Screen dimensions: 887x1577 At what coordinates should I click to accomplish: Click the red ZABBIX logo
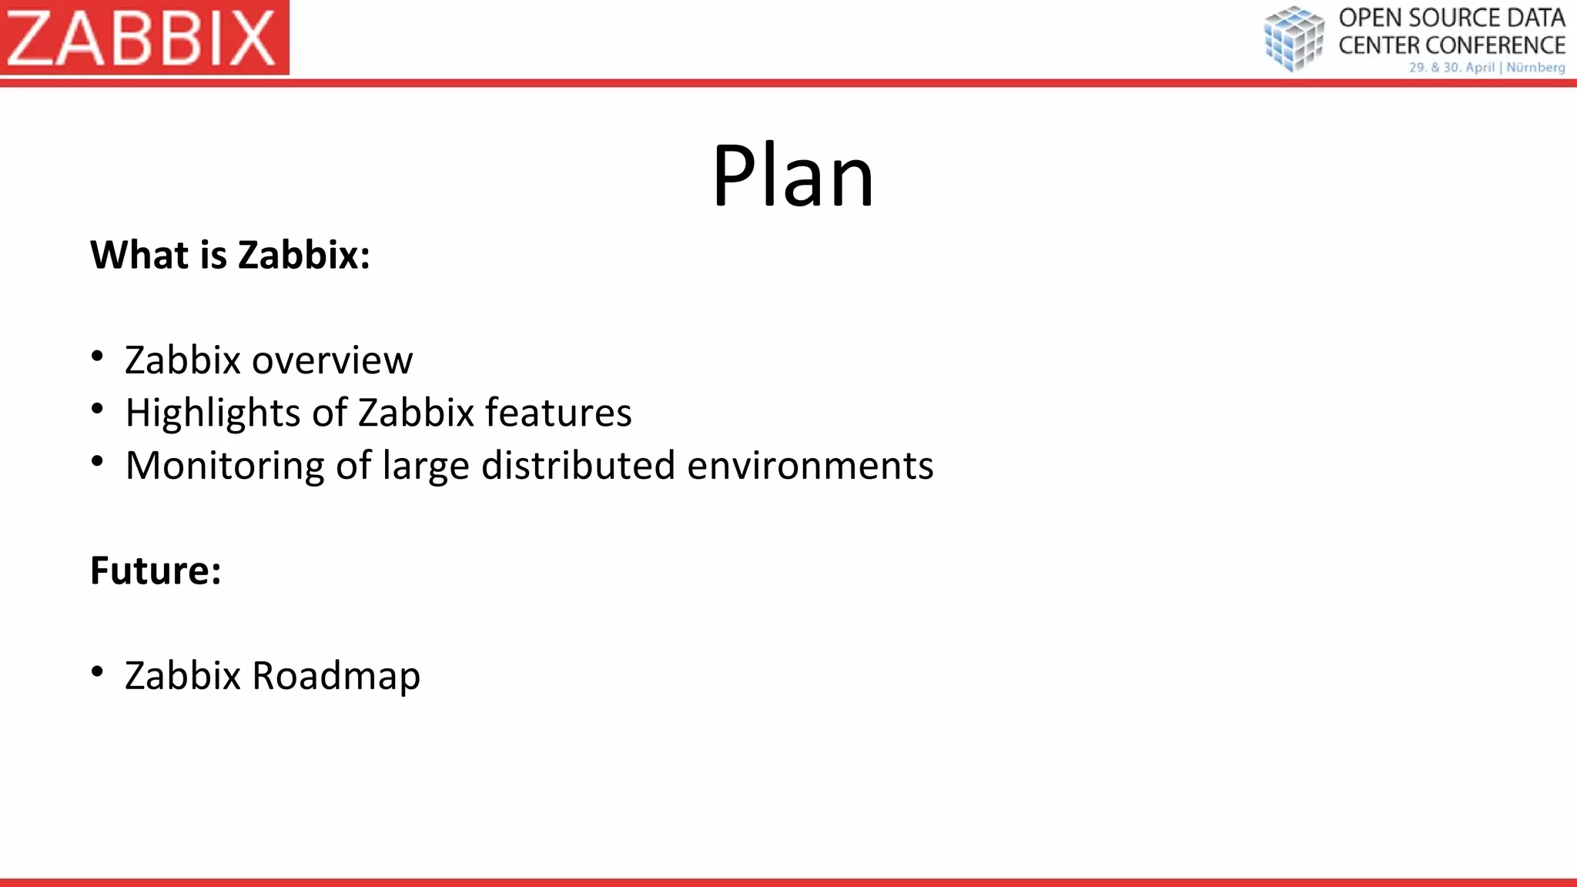[x=144, y=37]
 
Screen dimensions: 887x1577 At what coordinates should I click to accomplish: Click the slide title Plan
[x=792, y=176]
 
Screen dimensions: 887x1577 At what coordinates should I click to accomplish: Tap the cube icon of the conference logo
[x=1294, y=38]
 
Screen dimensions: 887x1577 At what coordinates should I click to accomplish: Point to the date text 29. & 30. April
[x=1451, y=68]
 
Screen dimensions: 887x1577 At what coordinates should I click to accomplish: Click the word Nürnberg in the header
[x=1535, y=68]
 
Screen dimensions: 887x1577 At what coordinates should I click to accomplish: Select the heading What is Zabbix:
[x=230, y=255]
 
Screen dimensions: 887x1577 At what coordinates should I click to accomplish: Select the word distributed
[x=578, y=465]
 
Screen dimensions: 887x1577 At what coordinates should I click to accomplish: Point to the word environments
[x=810, y=466]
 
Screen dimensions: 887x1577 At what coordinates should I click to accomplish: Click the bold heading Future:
[x=156, y=571]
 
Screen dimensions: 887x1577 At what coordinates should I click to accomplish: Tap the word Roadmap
[x=336, y=676]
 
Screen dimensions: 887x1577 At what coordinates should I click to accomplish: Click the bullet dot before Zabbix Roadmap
[x=97, y=671]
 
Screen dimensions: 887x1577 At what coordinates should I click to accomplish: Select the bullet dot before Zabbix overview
[x=97, y=356]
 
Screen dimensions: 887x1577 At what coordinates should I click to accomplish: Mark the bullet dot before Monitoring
[x=97, y=461]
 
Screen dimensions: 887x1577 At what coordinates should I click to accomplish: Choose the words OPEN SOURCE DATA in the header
[x=1451, y=18]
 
